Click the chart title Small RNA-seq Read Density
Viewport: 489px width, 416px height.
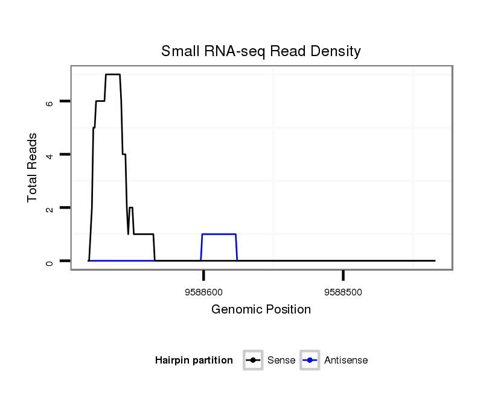pos(261,51)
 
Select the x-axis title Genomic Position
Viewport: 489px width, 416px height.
pos(261,310)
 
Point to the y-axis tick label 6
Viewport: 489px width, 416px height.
pos(50,102)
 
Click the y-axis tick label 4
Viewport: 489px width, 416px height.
pos(50,155)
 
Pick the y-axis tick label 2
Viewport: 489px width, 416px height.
pos(50,208)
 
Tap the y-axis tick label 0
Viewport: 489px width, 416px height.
pos(50,261)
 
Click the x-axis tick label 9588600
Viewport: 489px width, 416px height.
pos(203,292)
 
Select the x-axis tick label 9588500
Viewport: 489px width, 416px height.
pos(343,292)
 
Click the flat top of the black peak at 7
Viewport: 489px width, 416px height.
pos(113,74)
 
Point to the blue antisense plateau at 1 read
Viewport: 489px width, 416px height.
pos(219,234)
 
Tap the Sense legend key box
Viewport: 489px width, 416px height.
pos(253,361)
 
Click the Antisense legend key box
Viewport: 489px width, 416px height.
pos(309,361)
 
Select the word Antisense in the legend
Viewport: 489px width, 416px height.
pos(346,361)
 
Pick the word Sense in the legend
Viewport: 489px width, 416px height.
pos(281,361)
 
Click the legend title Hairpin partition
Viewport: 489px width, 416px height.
pos(194,361)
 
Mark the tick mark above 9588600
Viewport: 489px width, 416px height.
pos(203,276)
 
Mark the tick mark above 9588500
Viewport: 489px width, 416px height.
pos(343,276)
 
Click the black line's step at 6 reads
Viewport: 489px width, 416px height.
pos(100,101)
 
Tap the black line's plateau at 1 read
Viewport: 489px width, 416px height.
pos(144,234)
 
